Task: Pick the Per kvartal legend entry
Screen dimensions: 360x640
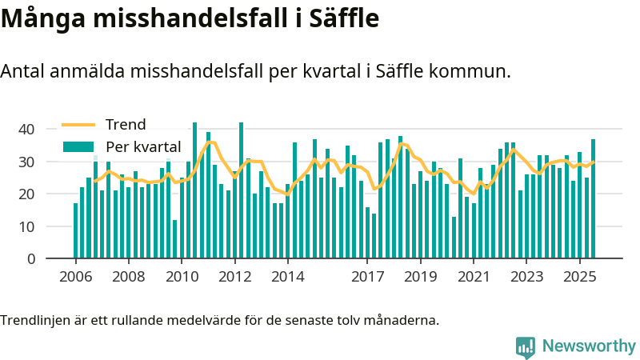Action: tap(143, 147)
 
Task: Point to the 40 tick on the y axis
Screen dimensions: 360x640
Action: tap(26, 129)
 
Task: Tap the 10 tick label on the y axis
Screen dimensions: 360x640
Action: tap(26, 226)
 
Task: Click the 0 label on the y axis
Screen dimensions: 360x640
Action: tap(30, 259)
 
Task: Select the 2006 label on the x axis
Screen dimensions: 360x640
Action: tap(75, 277)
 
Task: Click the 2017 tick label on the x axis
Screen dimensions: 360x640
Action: tap(367, 277)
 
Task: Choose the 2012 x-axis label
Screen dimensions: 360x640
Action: tap(235, 277)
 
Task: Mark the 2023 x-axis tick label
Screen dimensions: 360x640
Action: tap(526, 277)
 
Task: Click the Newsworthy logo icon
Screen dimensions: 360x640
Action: tap(526, 346)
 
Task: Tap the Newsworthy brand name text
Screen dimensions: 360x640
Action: tap(589, 346)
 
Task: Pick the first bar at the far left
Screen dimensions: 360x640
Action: tap(76, 231)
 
